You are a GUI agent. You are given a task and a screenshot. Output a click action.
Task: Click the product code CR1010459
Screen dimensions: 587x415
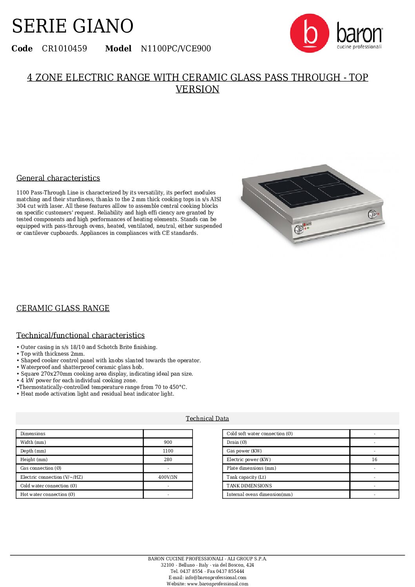[x=64, y=49]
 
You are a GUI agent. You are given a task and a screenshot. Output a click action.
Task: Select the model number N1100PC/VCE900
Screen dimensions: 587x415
[x=176, y=49]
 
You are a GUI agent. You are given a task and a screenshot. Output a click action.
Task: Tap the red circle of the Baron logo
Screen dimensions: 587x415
[x=309, y=33]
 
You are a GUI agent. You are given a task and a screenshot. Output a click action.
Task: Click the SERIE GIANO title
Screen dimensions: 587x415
[x=73, y=26]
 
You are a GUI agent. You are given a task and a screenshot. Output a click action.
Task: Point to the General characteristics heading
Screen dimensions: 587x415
[x=58, y=178]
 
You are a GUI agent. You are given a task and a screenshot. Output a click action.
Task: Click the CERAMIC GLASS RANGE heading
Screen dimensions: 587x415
[x=63, y=308]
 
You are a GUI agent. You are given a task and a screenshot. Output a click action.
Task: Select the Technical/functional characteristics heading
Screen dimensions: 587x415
[x=80, y=335]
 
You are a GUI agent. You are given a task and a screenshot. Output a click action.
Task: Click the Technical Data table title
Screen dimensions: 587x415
[x=207, y=418]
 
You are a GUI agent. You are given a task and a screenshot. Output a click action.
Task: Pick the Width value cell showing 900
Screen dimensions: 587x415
[x=168, y=442]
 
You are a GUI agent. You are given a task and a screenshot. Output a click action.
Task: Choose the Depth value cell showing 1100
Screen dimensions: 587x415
[x=168, y=451]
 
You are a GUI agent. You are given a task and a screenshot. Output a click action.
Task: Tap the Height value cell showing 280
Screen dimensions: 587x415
[x=168, y=460]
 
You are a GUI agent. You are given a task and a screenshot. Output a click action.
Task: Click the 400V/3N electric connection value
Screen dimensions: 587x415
[x=168, y=477]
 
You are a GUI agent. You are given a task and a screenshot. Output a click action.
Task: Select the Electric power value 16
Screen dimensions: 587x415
[x=374, y=460]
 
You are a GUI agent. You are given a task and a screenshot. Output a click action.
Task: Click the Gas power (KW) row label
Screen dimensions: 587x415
[x=244, y=451]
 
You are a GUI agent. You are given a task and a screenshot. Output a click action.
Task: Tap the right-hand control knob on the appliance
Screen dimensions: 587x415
[x=372, y=214]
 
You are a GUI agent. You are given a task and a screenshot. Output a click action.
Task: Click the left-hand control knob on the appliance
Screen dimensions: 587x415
[x=299, y=229]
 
